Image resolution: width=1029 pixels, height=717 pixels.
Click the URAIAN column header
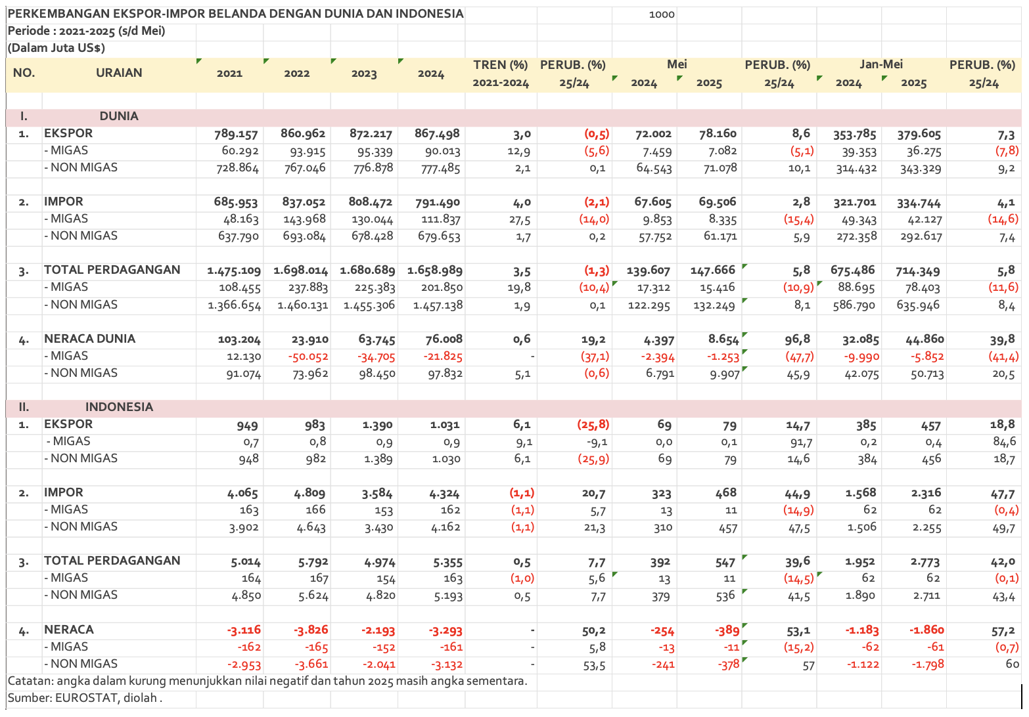click(x=119, y=73)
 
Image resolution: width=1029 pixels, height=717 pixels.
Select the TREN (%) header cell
click(x=501, y=65)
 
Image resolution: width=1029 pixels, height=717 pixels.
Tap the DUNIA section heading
click(x=119, y=116)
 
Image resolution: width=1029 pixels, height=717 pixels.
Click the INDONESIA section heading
click(x=119, y=407)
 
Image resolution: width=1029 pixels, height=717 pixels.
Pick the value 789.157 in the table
click(x=237, y=134)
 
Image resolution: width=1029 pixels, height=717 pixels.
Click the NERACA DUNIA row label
click(x=89, y=339)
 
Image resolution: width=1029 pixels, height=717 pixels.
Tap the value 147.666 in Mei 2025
click(x=712, y=271)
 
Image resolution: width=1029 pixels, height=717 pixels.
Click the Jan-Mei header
click(x=880, y=64)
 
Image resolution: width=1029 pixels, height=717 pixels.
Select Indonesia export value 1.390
click(x=377, y=425)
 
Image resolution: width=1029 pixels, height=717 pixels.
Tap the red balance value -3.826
click(x=309, y=630)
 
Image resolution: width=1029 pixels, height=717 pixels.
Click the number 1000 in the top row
click(x=662, y=14)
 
